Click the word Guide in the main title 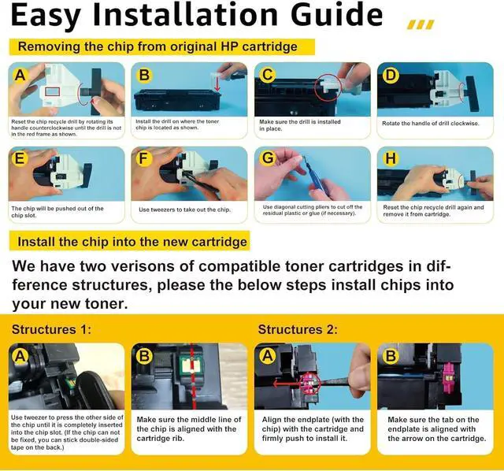(x=323, y=16)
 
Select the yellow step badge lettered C (x=269, y=76)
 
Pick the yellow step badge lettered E (x=20, y=158)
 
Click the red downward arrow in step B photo (x=217, y=82)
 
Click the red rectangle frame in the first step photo (x=53, y=93)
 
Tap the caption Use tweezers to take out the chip (x=185, y=210)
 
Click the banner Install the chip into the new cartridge (x=132, y=241)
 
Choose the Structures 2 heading (x=298, y=328)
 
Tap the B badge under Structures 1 (x=145, y=356)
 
